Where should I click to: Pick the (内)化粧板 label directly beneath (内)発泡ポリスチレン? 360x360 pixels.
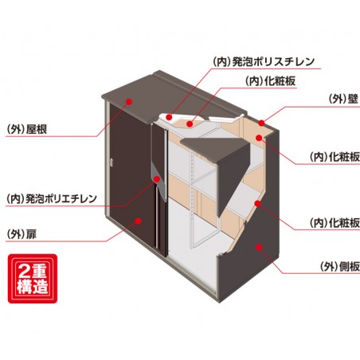coord(263,80)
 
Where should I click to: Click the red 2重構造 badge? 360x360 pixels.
coord(34,280)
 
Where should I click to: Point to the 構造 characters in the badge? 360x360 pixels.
coord(34,288)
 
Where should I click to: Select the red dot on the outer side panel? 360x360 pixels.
coord(256,248)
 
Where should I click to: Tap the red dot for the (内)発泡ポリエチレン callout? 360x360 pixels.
coord(157,178)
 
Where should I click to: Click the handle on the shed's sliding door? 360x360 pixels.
coord(112,163)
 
